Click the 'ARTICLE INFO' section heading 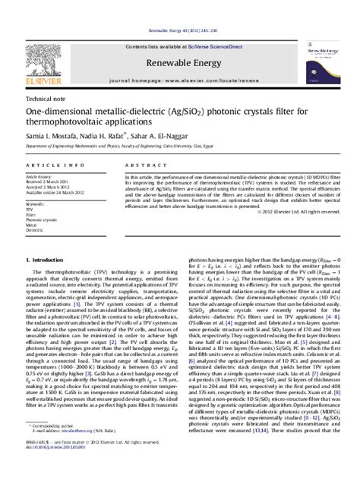click(x=51, y=165)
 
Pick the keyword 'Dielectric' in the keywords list click(x=42, y=232)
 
